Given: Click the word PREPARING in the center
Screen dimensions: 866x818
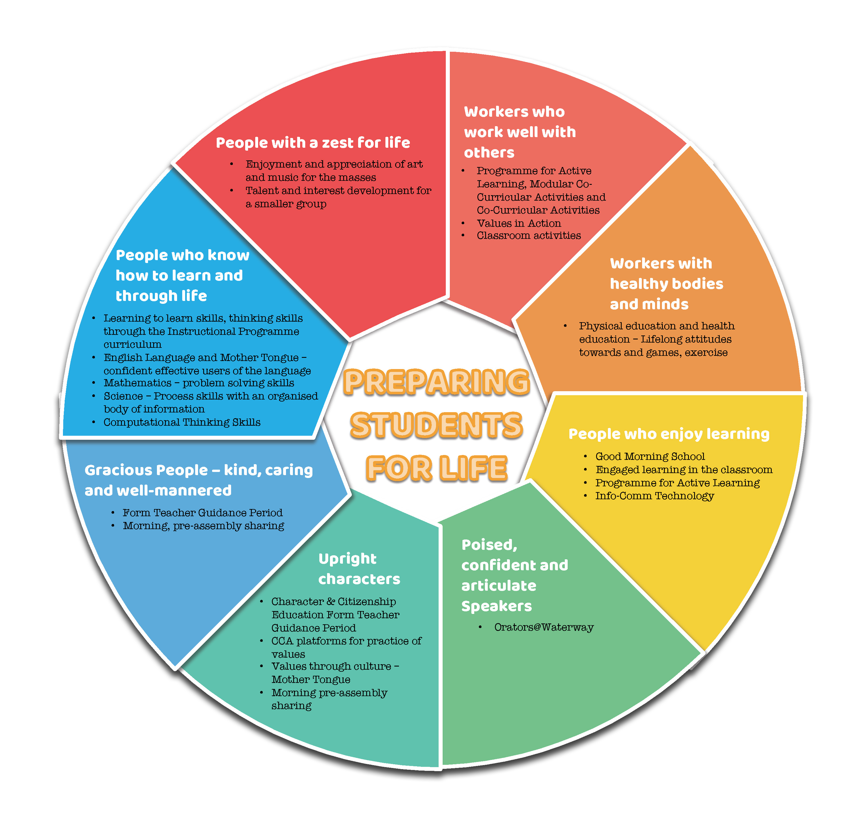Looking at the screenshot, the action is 436,382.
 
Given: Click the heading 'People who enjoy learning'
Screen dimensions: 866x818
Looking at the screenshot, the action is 669,434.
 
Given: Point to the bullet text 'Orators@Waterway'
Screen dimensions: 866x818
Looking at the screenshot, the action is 544,627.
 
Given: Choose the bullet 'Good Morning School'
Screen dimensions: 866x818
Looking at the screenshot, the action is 650,456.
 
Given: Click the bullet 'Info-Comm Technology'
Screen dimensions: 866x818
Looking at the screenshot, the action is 654,496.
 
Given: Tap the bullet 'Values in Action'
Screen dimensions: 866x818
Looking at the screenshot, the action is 519,223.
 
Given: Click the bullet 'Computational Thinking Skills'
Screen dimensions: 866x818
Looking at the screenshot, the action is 182,422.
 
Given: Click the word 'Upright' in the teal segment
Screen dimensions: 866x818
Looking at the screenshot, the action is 347,559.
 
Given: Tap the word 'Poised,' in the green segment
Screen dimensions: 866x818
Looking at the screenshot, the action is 489,545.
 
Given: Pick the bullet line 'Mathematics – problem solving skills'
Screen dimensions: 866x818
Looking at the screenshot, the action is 199,383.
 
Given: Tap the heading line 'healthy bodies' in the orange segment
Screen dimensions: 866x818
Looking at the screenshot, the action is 666,284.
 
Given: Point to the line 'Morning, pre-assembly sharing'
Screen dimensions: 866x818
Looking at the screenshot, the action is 203,526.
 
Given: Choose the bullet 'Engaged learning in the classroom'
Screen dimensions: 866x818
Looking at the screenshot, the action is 684,470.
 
